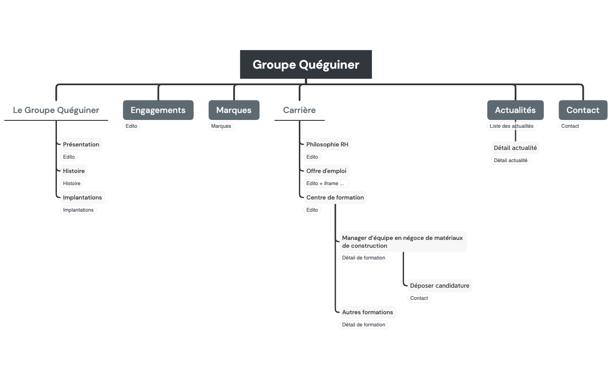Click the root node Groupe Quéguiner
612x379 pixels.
(306, 64)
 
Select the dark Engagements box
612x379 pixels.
(158, 110)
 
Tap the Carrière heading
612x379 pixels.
(299, 110)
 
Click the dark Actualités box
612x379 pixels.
(515, 110)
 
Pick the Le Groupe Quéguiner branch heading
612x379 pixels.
(56, 110)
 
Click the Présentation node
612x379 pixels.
(81, 144)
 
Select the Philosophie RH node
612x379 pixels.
(327, 144)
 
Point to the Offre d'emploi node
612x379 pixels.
(326, 171)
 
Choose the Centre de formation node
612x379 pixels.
(335, 197)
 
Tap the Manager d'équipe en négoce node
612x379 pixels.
(402, 242)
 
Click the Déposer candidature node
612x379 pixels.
(440, 286)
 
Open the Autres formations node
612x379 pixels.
(367, 312)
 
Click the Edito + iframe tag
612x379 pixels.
(326, 183)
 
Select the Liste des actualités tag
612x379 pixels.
(511, 126)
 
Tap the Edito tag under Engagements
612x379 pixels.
(131, 126)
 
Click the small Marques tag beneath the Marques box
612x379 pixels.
(221, 126)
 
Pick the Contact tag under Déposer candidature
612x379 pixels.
(419, 298)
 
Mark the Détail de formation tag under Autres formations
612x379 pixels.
(364, 325)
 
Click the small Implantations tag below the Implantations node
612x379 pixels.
(78, 210)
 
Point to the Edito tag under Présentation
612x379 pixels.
(69, 157)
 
